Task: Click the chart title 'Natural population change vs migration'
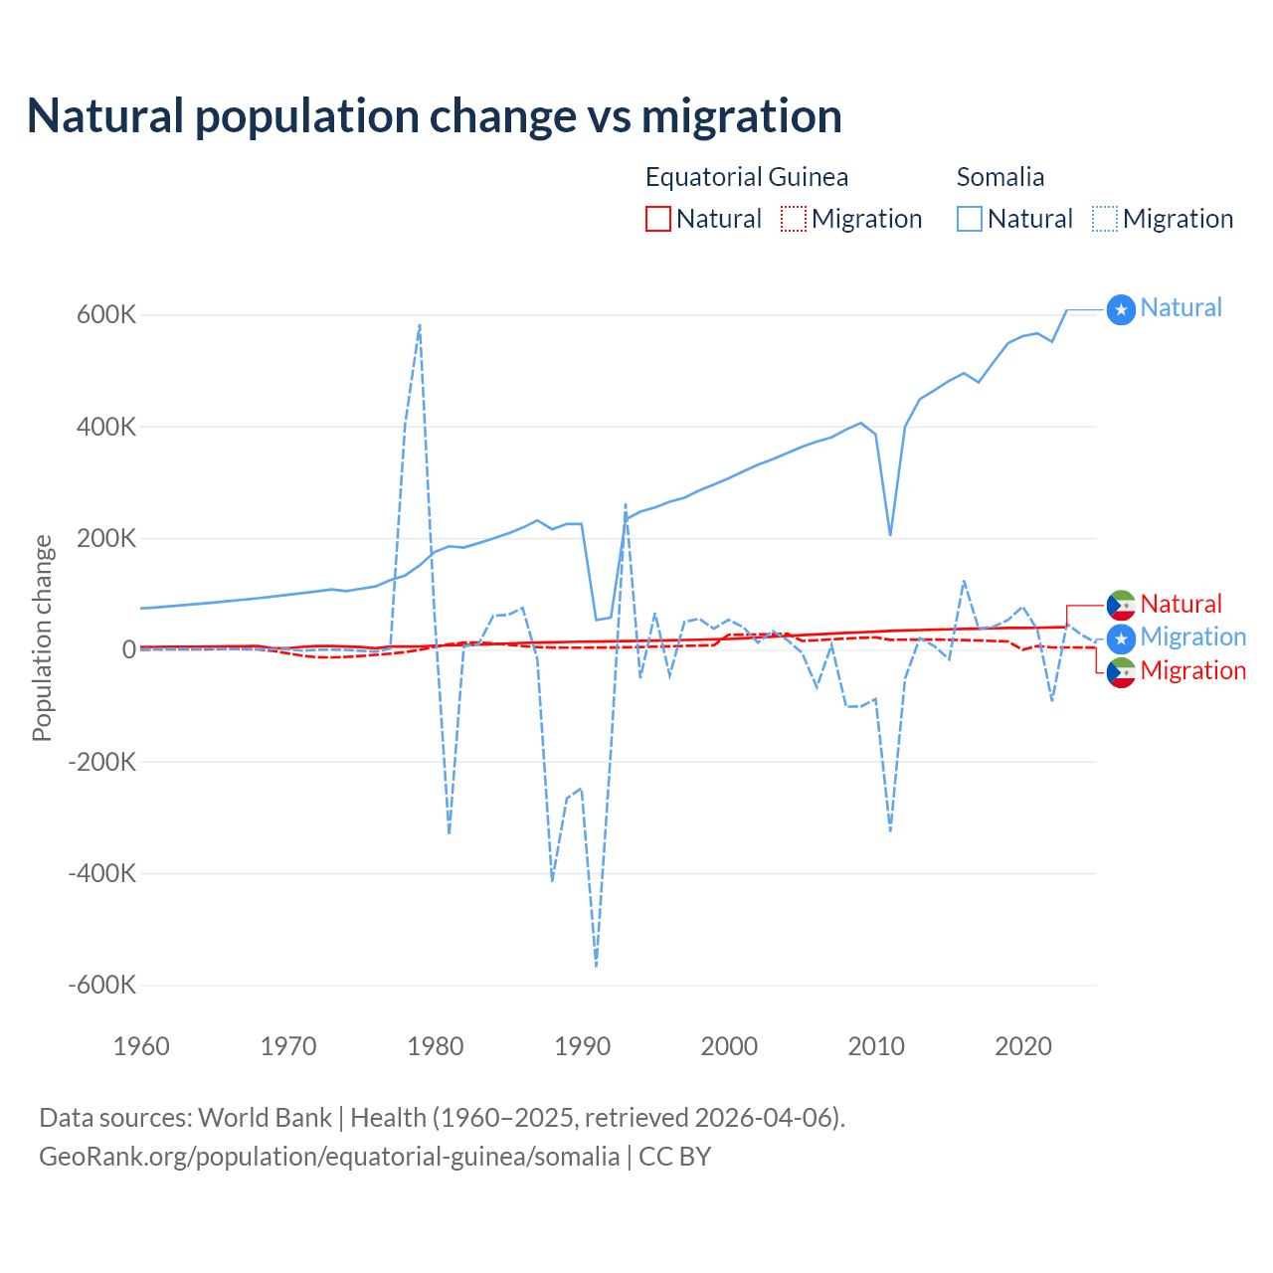pos(435,116)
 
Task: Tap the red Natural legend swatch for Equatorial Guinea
pos(658,219)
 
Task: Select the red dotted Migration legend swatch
pos(794,219)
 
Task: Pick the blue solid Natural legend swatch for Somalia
pos(970,219)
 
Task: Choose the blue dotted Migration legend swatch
pos(1105,219)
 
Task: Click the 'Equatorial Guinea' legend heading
pos(746,177)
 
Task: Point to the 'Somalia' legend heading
pos(1000,177)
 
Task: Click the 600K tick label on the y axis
pos(106,315)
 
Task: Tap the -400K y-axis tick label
pos(101,874)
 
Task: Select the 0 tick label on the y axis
pos(128,650)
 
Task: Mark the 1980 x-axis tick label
pos(436,1046)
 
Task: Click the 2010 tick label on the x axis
pos(876,1046)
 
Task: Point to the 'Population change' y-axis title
pos(42,638)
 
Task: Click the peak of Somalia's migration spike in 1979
pos(420,324)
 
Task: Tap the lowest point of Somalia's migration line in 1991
pos(596,966)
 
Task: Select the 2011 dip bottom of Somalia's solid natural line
pos(890,535)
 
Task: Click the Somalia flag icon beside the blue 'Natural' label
pos(1121,310)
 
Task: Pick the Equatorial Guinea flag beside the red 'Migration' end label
pos(1121,673)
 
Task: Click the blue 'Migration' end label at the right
pos(1192,636)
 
